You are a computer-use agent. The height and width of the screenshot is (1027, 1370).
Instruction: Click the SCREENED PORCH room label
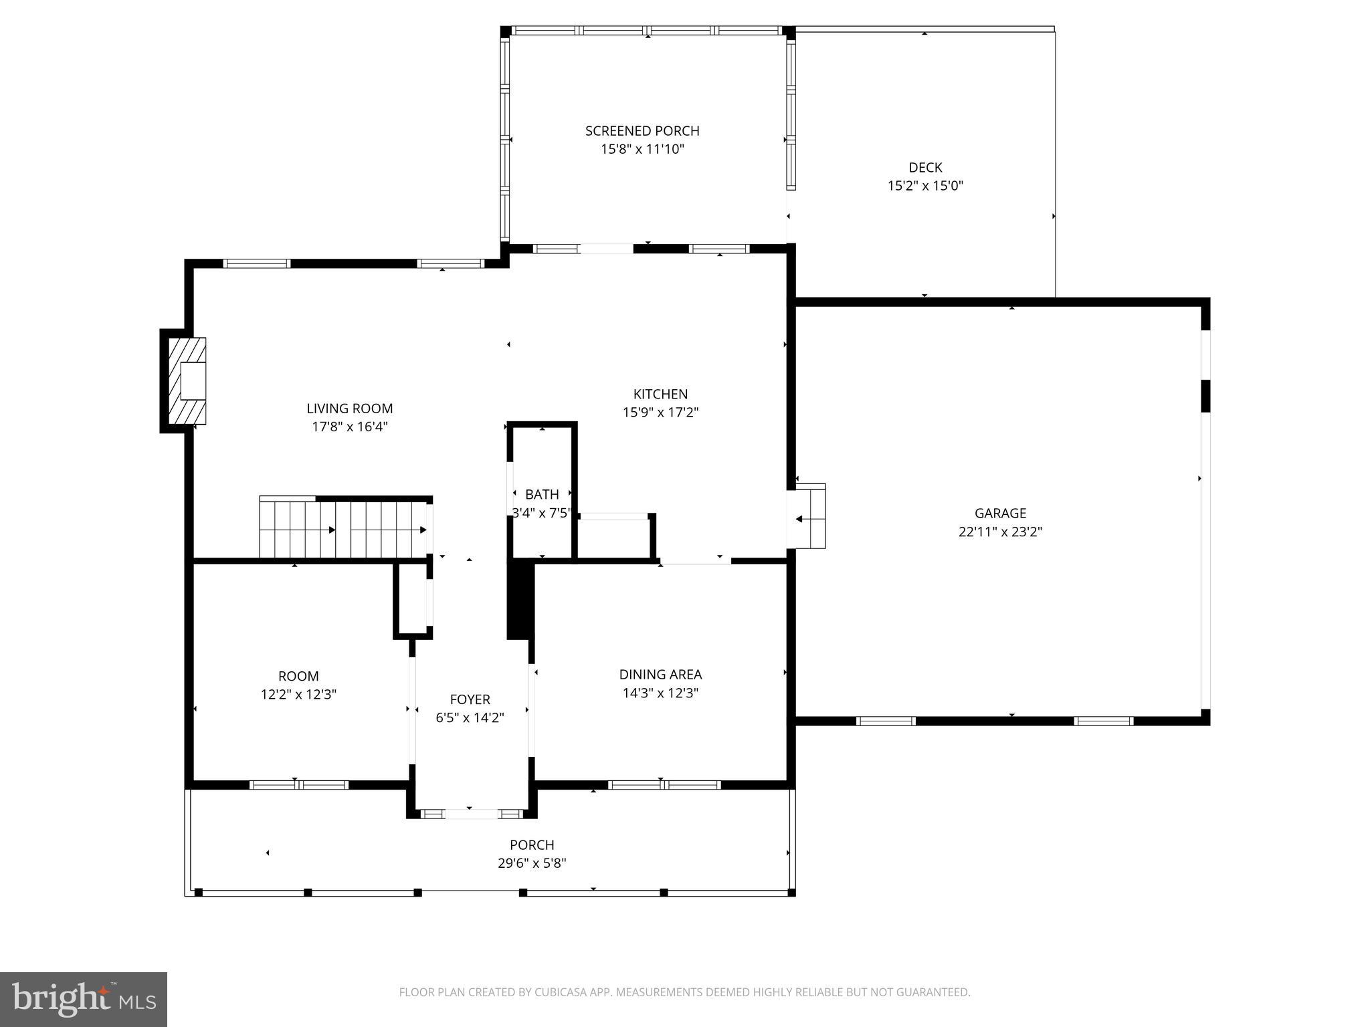pos(642,131)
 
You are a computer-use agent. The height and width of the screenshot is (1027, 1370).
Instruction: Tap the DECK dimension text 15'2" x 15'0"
pos(925,186)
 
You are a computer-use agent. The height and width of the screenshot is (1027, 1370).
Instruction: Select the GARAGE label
pos(1000,513)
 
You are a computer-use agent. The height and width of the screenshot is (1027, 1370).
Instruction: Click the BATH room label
pos(542,495)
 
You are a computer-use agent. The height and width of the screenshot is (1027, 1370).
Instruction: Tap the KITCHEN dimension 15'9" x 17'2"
pos(660,413)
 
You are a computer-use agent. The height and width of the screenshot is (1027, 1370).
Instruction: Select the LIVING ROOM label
pos(350,409)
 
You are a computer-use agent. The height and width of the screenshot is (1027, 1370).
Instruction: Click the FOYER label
pos(470,699)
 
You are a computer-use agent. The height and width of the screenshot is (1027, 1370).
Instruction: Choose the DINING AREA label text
pos(660,675)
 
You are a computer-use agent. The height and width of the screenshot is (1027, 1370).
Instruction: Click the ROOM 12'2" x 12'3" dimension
pos(298,695)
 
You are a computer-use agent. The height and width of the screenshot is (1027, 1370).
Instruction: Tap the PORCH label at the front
pos(532,845)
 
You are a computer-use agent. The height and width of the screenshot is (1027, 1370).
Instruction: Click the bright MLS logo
pos(84,999)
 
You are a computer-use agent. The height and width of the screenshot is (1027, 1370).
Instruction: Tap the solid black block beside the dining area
pos(520,600)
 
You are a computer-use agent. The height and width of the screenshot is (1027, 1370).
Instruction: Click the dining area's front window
pos(664,785)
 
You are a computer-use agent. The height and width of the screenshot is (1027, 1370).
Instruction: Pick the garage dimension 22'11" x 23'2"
pos(1000,532)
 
